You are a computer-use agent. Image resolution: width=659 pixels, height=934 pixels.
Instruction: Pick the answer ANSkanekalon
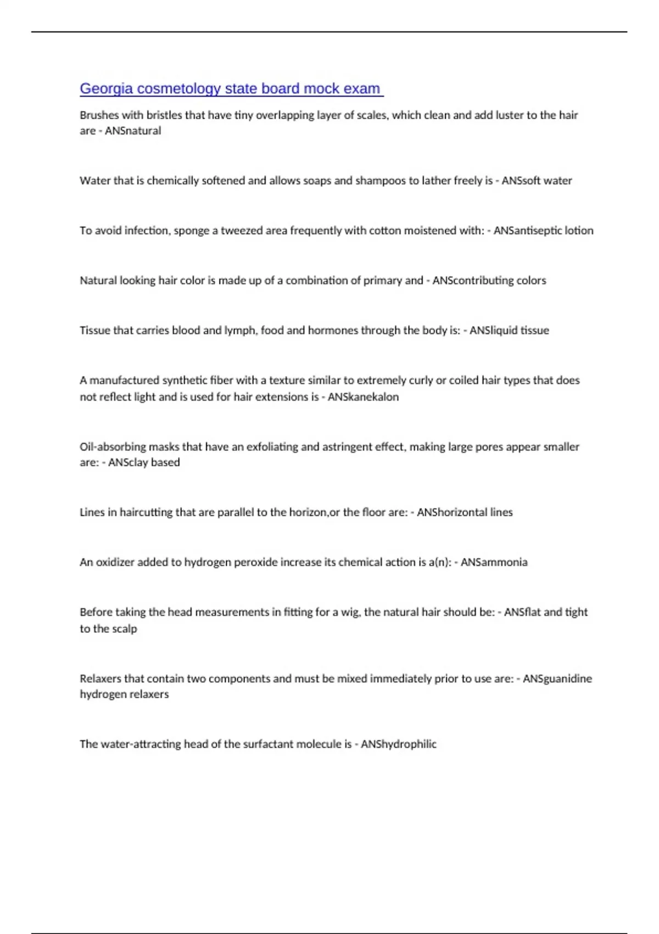tap(363, 397)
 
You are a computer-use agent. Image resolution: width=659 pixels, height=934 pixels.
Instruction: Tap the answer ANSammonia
tap(494, 563)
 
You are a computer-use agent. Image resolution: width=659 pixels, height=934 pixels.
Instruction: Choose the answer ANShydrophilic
tap(398, 744)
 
